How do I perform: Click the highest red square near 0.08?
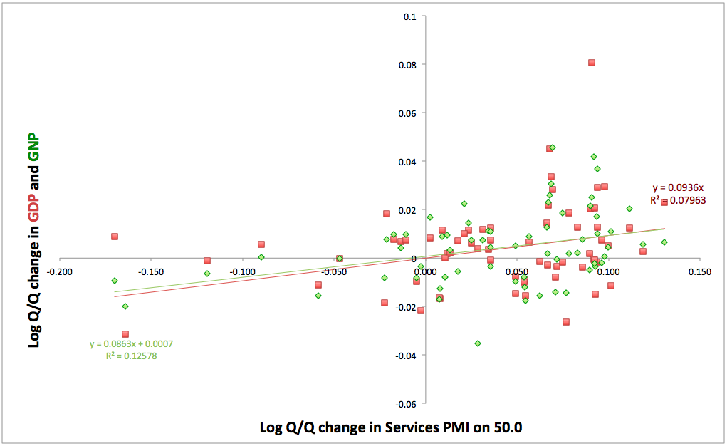click(x=592, y=63)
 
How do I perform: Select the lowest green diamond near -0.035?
click(x=478, y=343)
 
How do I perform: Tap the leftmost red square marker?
click(x=115, y=237)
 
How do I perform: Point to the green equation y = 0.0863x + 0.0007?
click(x=131, y=344)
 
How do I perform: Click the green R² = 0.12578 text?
click(x=131, y=356)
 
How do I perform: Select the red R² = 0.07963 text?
click(x=678, y=200)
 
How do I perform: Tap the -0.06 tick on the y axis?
click(x=406, y=403)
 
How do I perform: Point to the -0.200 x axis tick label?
click(x=59, y=271)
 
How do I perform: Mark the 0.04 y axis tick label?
click(x=407, y=161)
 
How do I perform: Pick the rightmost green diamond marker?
click(x=664, y=242)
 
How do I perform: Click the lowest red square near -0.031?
click(x=125, y=334)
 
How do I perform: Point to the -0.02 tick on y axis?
click(x=406, y=306)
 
